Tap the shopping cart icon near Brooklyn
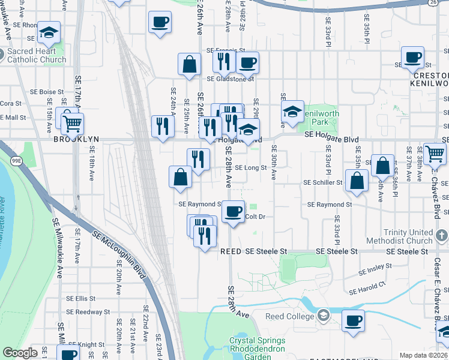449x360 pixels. [73, 124]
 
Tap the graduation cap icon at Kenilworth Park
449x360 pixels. [292, 112]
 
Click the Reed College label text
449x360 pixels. [291, 316]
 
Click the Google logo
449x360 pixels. [20, 353]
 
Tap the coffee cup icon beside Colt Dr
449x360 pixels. [234, 211]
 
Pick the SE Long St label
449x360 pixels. [250, 168]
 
